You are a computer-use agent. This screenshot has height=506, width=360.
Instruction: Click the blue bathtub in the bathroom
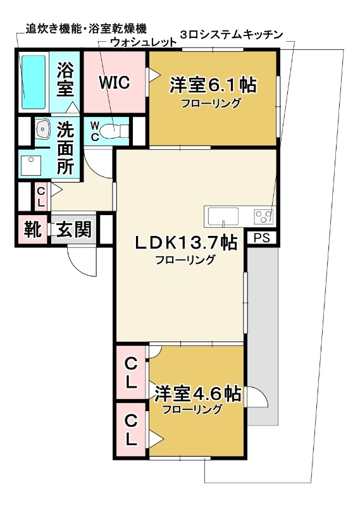(x=34, y=82)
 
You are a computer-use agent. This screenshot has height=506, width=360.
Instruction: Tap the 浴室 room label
(x=65, y=79)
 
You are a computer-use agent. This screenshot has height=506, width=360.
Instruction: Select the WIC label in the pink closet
(x=115, y=83)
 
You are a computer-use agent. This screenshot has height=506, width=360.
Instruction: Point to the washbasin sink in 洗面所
(x=42, y=129)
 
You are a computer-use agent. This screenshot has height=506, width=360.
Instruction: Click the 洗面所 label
(x=65, y=148)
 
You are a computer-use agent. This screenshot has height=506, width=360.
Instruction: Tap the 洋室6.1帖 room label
(x=213, y=85)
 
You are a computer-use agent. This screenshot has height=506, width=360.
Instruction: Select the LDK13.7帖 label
(x=185, y=242)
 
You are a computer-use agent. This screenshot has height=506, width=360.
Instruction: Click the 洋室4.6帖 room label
(x=197, y=393)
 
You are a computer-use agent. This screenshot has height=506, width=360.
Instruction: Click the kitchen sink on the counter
(x=223, y=216)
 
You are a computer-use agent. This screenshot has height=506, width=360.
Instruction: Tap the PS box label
(x=262, y=238)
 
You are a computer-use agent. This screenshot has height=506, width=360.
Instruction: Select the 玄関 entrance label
(x=74, y=230)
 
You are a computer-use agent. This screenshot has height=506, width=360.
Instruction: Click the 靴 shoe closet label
(x=33, y=230)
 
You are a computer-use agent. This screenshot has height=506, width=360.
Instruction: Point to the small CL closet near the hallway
(x=41, y=197)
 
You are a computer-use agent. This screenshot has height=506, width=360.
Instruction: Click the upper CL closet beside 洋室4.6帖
(x=131, y=373)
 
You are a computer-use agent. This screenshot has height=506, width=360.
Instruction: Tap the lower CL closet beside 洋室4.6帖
(x=131, y=429)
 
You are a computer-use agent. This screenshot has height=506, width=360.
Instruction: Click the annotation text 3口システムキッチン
(x=232, y=35)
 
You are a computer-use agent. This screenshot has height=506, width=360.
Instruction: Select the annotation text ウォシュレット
(x=144, y=42)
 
